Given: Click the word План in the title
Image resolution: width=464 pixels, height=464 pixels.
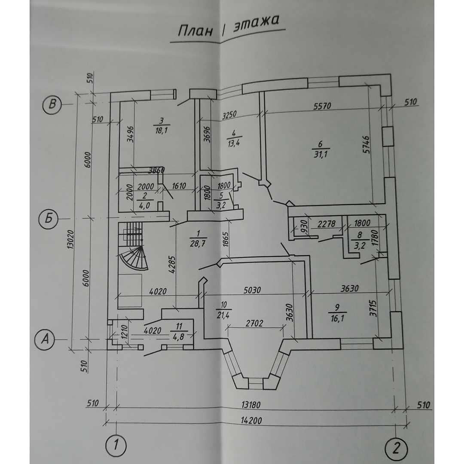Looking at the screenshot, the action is pyautogui.click(x=195, y=32).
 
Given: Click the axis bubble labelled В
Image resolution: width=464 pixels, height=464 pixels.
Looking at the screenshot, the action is pyautogui.click(x=53, y=104).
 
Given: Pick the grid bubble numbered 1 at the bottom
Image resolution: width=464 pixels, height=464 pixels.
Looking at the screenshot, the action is pyautogui.click(x=115, y=446).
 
